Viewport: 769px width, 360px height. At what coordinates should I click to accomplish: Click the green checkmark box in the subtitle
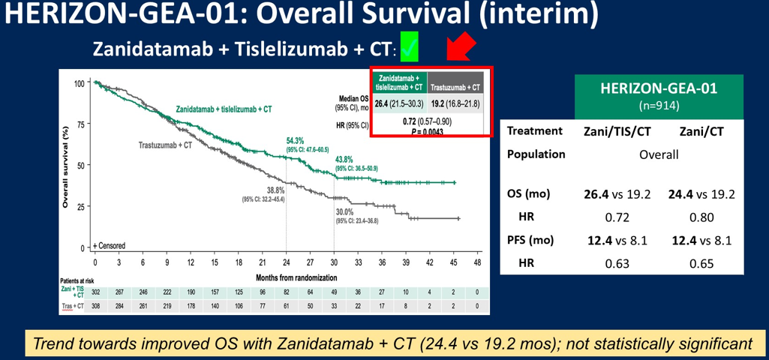(x=409, y=47)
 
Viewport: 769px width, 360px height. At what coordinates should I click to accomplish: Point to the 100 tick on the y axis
(x=79, y=82)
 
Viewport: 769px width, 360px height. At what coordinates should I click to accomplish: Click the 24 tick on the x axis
(x=286, y=263)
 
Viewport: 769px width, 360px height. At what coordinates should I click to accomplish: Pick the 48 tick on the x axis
(x=477, y=263)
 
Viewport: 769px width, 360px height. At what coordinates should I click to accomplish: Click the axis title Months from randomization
(x=286, y=276)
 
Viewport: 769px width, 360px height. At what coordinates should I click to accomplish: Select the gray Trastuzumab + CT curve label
(x=165, y=145)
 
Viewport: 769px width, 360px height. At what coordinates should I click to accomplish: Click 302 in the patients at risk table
(x=95, y=292)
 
